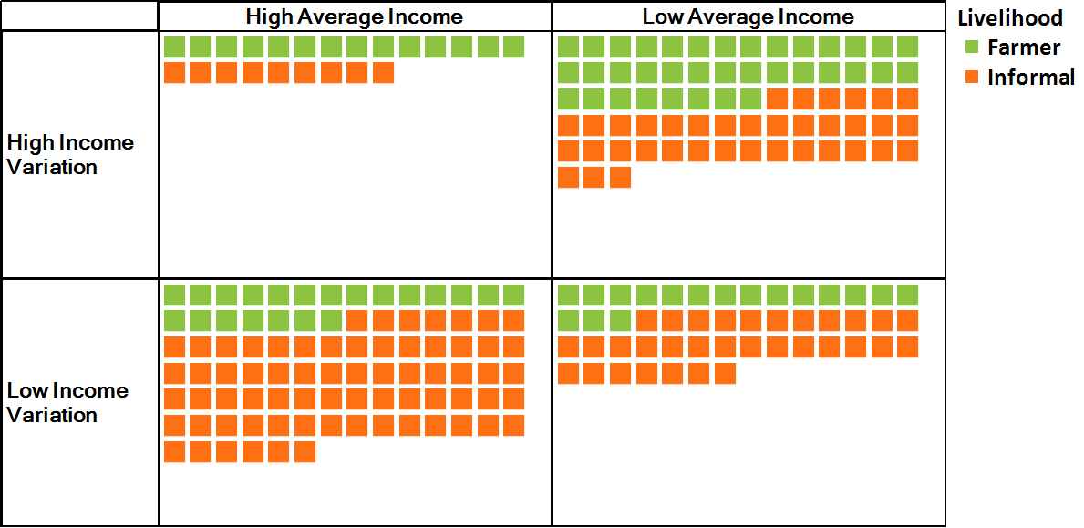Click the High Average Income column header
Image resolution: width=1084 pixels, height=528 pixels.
[x=354, y=16]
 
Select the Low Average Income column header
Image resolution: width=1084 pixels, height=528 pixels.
[x=748, y=16]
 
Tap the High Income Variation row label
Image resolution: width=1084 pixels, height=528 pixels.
[x=70, y=154]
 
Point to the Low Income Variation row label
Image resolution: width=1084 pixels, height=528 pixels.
[x=67, y=402]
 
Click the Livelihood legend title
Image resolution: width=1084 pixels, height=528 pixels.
[x=1010, y=17]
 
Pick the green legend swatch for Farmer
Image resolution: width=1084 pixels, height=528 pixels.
[x=972, y=47]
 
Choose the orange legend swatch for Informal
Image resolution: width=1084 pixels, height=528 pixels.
[x=972, y=78]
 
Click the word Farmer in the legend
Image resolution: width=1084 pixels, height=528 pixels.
[x=1024, y=47]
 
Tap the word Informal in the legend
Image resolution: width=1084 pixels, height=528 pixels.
[x=1031, y=78]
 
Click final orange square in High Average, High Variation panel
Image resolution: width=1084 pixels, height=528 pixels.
[x=384, y=73]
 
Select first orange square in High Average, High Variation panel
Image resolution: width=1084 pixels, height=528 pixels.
[x=174, y=73]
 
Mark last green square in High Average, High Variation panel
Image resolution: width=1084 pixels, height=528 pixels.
[x=514, y=47]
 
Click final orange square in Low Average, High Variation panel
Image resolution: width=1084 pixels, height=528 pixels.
[x=620, y=178]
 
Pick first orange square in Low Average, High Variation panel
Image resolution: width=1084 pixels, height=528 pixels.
[x=778, y=99]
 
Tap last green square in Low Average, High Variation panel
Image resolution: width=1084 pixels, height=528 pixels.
[x=751, y=99]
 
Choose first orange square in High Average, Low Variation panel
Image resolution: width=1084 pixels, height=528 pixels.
[x=357, y=321]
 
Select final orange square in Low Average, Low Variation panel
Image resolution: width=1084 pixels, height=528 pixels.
[x=725, y=374]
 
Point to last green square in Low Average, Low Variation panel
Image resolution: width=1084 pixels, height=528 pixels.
[x=620, y=321]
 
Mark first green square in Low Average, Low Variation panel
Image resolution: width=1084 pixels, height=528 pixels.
[x=568, y=295]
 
